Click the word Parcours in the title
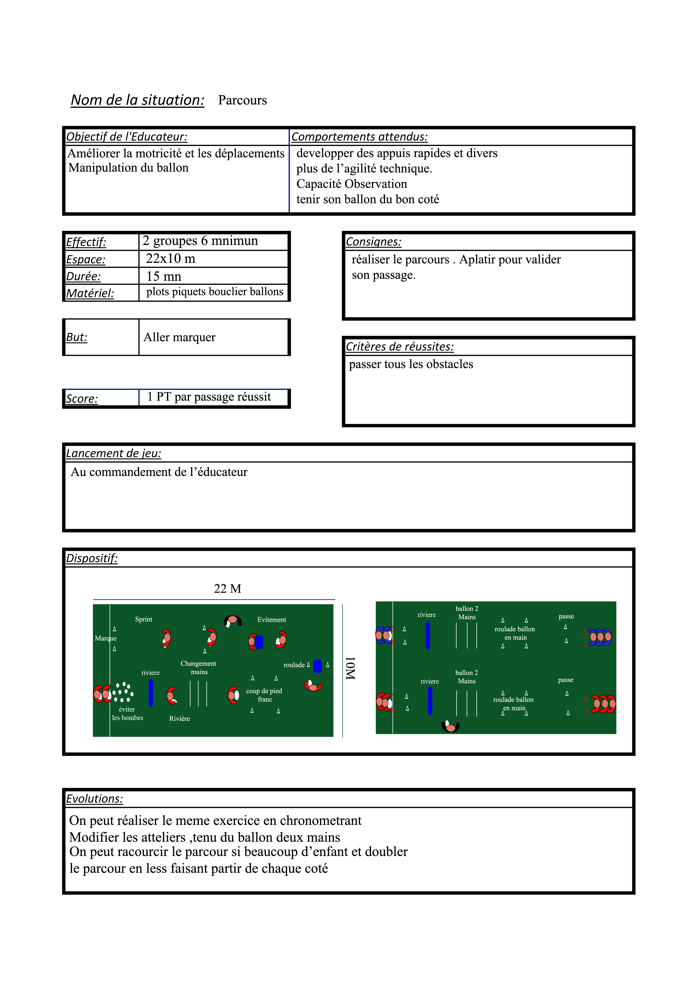click(242, 100)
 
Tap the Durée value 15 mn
click(164, 276)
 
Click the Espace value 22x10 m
click(171, 259)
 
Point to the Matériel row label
click(90, 293)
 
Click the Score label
click(82, 399)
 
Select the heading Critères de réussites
click(399, 347)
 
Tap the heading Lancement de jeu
click(113, 453)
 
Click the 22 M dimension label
click(228, 589)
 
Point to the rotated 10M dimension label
click(350, 668)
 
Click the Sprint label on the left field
click(144, 619)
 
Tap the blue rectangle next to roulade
click(318, 666)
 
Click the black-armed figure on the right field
click(450, 726)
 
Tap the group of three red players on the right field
click(603, 703)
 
